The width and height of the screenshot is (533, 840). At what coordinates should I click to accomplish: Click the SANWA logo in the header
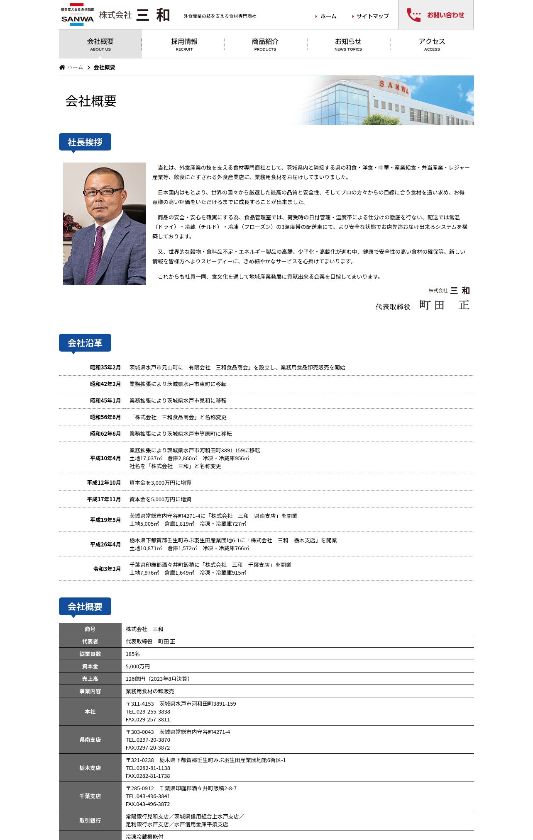pos(77,15)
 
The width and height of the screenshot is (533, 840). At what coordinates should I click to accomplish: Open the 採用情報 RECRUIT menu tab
pos(184,44)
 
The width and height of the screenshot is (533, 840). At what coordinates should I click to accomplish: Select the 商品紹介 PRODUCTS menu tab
pos(265,44)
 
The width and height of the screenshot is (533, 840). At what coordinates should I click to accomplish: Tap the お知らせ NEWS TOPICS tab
pos(348,44)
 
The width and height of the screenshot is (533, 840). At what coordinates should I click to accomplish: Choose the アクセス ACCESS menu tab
pos(432,44)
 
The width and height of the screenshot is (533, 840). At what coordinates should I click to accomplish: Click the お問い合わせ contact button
pos(435,15)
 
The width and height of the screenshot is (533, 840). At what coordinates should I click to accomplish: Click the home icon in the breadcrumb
pos(62,67)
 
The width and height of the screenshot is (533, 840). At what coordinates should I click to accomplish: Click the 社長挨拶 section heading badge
pos(85,142)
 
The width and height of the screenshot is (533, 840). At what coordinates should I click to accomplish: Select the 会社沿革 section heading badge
pos(85,343)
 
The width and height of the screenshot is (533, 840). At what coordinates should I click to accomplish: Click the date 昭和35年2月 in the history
pos(105,367)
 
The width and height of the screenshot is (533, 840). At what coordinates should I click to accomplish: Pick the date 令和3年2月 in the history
pos(107,569)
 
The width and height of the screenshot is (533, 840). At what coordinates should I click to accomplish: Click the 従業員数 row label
pos(90,654)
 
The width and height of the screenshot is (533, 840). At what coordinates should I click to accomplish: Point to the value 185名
pos(133,654)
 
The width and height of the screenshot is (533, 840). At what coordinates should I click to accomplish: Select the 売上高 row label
pos(90,679)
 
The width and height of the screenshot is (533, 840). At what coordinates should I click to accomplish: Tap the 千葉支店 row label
pos(90,796)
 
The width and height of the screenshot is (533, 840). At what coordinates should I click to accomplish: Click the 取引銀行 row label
pos(90,821)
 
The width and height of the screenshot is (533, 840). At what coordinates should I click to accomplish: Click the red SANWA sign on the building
pos(394,87)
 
